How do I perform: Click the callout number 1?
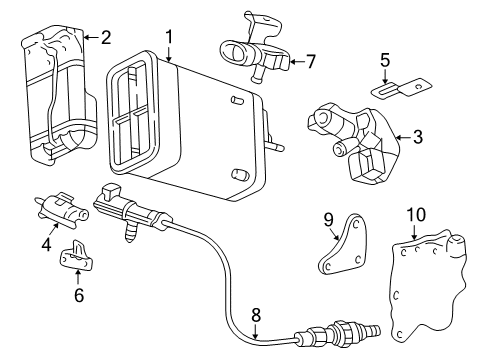[169, 37]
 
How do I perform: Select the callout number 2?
[105, 37]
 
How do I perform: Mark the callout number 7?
[310, 61]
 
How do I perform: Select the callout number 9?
[327, 219]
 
